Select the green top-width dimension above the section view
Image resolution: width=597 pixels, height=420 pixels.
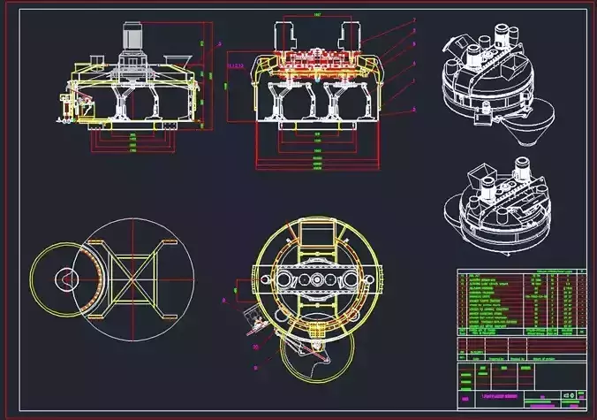tap(317, 17)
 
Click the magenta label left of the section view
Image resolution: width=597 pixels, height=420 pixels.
tap(235, 65)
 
